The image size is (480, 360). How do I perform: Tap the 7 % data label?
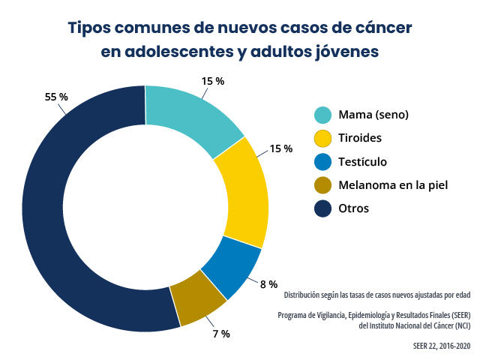[x=220, y=332]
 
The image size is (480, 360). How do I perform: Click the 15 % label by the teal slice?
[x=212, y=81]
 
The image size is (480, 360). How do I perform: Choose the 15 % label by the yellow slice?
[x=280, y=148]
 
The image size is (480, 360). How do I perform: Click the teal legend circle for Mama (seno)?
[x=322, y=115]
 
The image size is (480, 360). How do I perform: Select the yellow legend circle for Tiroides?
[x=322, y=138]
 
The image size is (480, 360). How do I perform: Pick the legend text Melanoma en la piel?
[x=393, y=184]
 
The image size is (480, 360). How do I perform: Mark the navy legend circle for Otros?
[x=322, y=208]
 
